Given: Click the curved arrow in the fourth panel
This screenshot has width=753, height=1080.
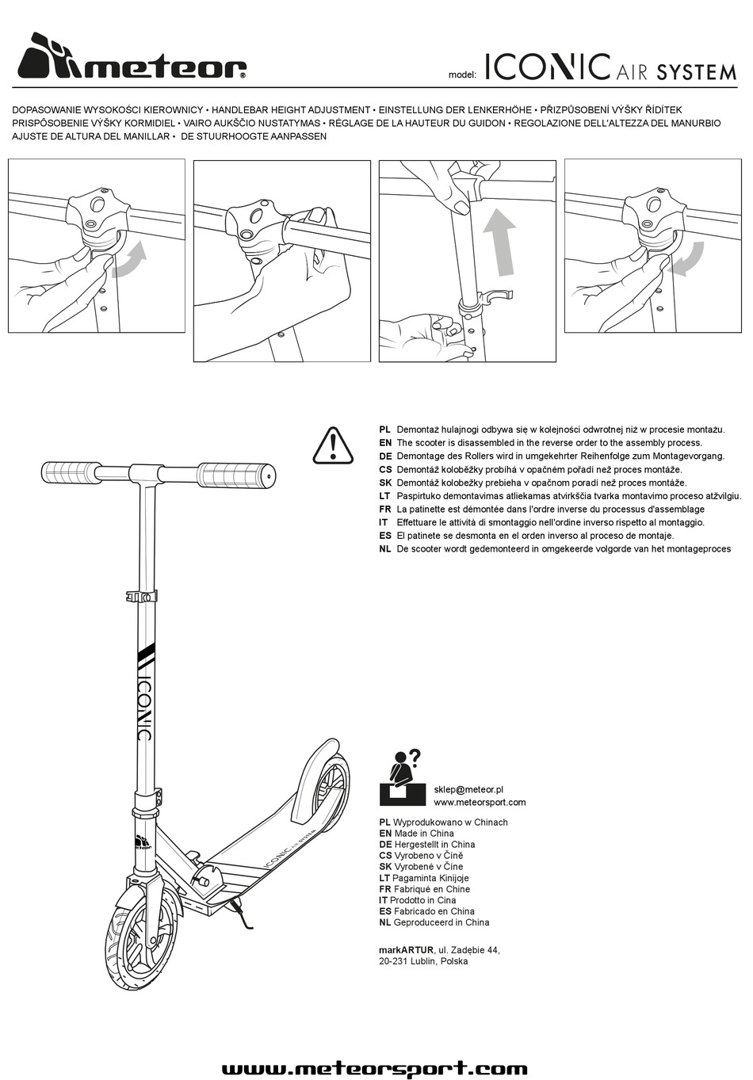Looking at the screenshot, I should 686,258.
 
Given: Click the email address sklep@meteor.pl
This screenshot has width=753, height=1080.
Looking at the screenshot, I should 468,789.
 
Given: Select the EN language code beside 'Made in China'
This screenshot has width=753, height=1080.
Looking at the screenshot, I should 385,834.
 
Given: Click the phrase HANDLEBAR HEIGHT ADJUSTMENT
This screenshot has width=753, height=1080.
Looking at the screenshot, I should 292,110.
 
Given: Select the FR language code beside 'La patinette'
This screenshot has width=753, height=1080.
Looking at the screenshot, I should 385,509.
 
